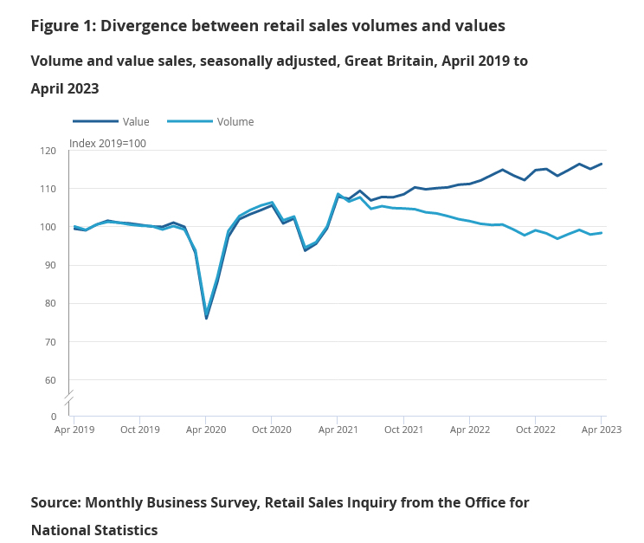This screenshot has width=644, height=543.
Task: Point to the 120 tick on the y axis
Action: point(48,151)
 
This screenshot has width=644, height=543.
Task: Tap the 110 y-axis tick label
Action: point(48,189)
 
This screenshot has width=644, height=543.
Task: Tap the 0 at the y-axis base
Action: point(54,417)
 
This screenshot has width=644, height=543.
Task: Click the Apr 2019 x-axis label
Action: point(74,430)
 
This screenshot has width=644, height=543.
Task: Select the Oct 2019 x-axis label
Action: point(140,430)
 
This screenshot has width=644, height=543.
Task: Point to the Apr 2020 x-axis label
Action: point(206,430)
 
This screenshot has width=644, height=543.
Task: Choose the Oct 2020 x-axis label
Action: point(272,430)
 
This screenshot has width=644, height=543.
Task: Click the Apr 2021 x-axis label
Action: point(338,430)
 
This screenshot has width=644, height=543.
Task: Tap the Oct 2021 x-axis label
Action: point(404,430)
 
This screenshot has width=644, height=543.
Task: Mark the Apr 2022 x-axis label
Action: point(470,430)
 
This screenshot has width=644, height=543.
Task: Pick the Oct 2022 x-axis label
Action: point(536,430)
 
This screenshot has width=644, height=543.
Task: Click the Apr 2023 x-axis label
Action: point(602,430)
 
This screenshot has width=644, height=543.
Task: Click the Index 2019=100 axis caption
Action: point(107,143)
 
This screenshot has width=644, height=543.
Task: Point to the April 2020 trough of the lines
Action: point(206,317)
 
